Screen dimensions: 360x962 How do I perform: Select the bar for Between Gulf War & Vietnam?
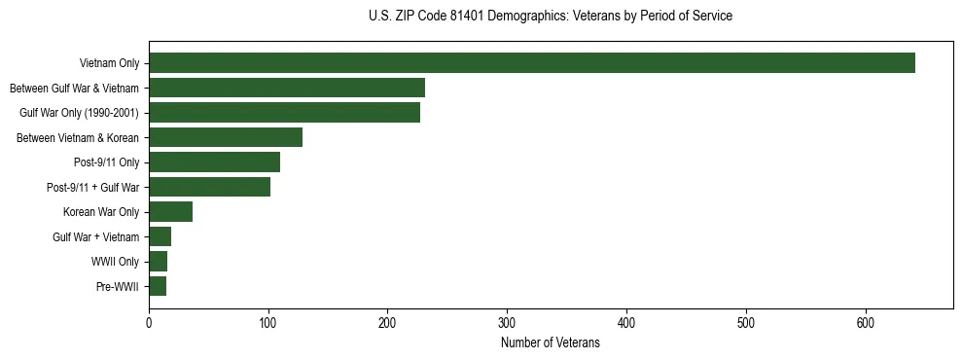[287, 88]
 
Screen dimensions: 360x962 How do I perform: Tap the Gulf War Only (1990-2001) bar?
[284, 113]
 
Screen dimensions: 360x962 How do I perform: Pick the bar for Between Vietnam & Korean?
[226, 137]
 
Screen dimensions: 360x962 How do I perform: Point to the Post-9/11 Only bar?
[214, 162]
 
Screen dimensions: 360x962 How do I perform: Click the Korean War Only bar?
[170, 212]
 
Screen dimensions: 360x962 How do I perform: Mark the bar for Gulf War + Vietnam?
[160, 236]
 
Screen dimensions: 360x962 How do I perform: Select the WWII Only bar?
[158, 262]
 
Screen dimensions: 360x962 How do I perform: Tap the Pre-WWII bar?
[158, 286]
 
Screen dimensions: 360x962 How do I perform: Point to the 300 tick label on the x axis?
[507, 323]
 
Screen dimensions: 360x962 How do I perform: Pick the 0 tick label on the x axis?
[149, 323]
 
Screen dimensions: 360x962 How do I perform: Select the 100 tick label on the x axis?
[268, 323]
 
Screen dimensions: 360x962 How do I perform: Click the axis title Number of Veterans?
[551, 343]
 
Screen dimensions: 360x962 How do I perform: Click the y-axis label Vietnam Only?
[109, 64]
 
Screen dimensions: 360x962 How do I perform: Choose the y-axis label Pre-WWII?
[118, 287]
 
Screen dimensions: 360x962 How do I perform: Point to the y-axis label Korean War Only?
[101, 212]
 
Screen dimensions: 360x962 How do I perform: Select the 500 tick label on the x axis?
[746, 323]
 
